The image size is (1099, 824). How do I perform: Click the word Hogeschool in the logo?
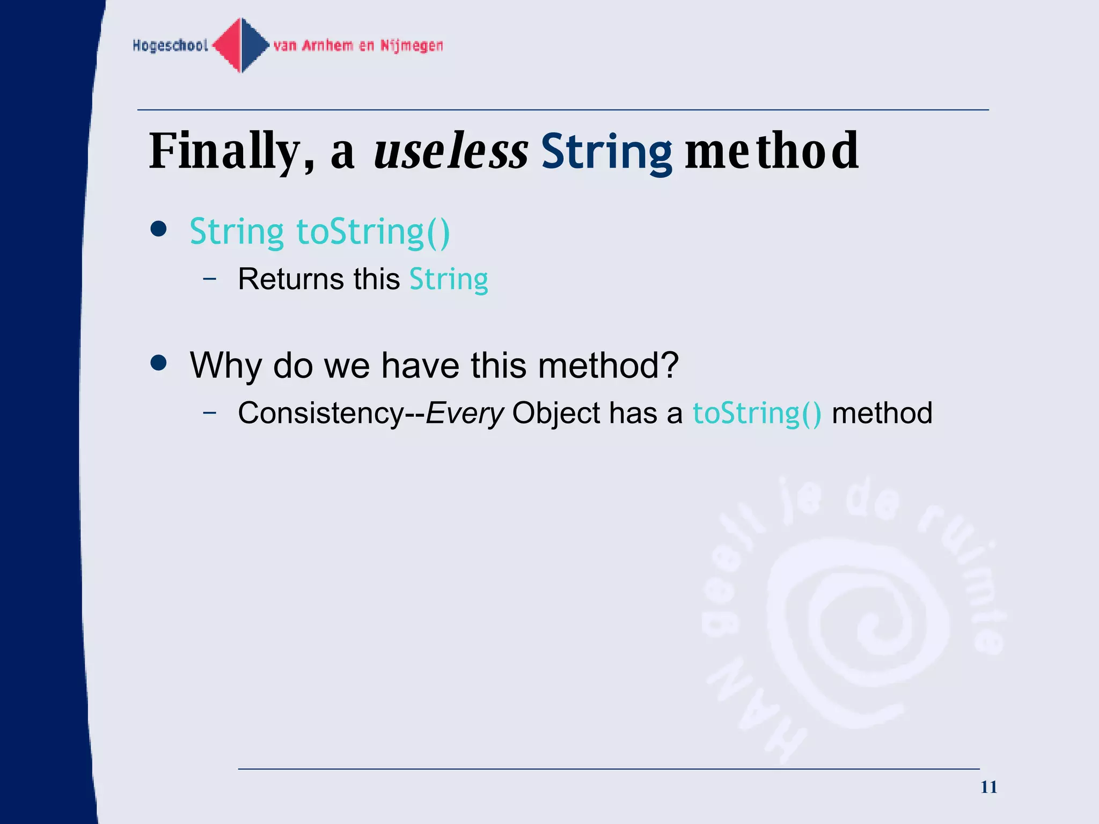point(170,46)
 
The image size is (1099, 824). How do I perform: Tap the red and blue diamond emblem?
point(241,46)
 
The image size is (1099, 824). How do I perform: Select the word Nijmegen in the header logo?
point(412,46)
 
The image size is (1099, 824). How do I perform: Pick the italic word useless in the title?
point(451,152)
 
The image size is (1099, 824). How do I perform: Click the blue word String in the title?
point(606,152)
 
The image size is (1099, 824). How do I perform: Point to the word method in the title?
point(772,152)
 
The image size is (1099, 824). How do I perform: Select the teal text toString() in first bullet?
point(373,232)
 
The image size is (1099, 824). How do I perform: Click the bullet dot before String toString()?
point(159,230)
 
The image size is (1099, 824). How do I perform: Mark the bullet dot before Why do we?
point(159,363)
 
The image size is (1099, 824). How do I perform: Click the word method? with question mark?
point(608,365)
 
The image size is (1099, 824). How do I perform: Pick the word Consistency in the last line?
point(321,414)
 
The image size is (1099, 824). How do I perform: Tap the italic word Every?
point(465,414)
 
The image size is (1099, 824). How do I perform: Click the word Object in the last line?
point(556,414)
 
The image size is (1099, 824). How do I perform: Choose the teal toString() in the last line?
point(757,414)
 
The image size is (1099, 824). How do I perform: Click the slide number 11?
point(988,787)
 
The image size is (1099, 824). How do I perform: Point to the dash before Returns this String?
point(210,278)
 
